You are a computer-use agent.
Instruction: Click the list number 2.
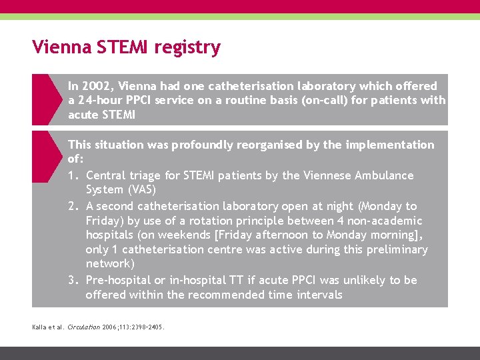click(73, 206)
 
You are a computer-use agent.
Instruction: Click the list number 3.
click(73, 280)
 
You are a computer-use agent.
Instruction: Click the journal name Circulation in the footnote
click(85, 327)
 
